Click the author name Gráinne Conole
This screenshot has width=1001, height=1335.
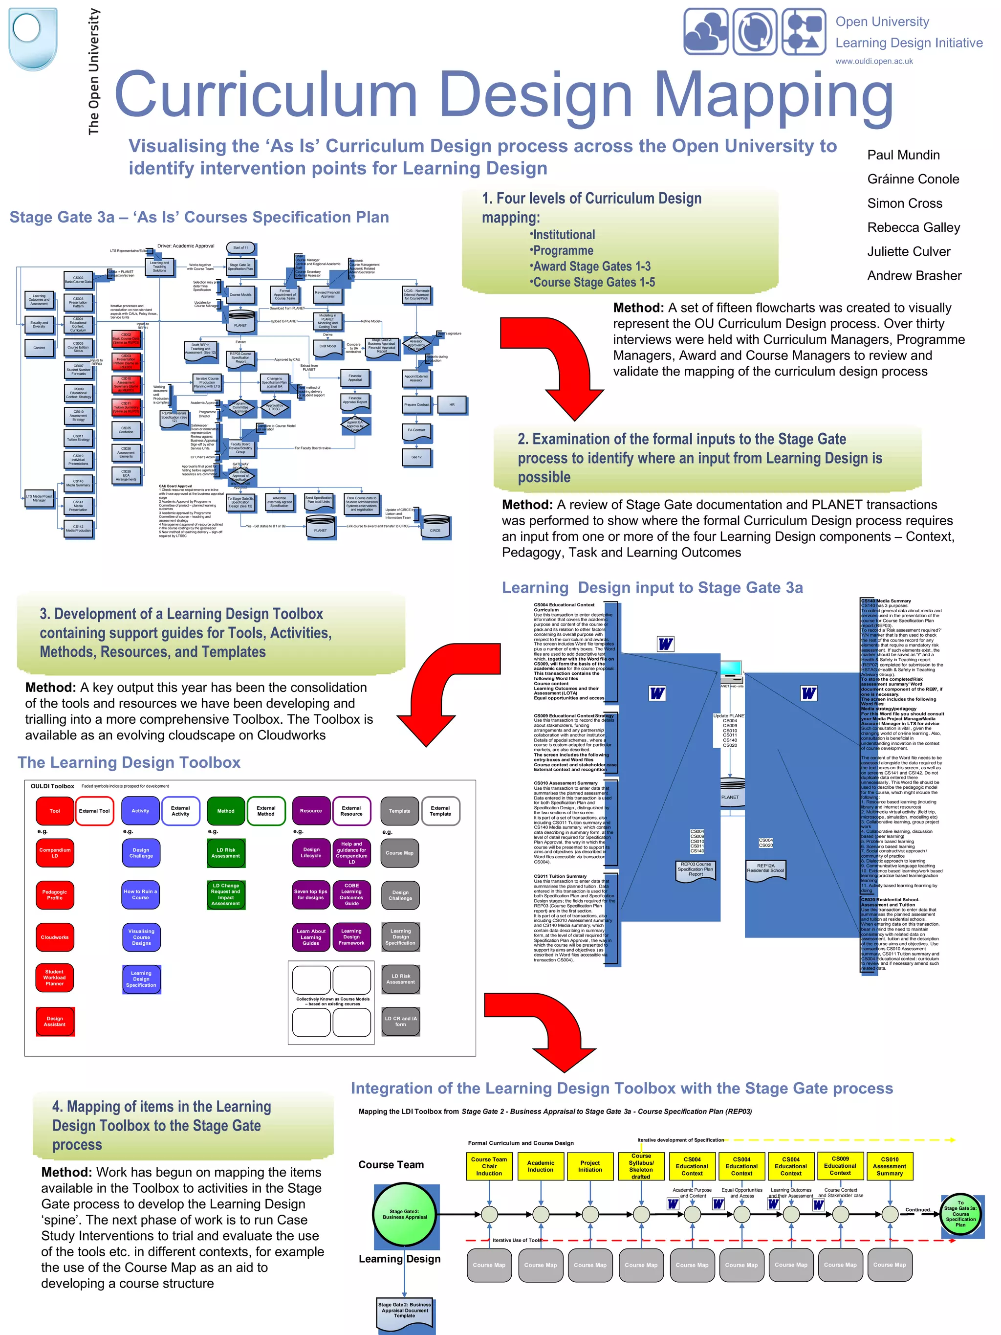913,179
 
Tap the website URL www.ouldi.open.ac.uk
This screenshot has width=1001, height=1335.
874,61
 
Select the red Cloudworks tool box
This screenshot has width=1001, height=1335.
55,936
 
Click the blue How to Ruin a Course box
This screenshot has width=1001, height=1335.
141,894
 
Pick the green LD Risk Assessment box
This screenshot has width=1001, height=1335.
226,853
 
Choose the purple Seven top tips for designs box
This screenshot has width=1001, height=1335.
311,894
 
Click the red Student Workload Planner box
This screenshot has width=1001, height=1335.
55,978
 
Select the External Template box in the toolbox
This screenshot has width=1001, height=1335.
440,811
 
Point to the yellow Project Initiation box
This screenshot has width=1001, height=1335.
589,1166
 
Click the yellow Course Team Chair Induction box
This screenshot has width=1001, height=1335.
489,1166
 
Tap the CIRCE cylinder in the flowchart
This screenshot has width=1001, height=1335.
435,529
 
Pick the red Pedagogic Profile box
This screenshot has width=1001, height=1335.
55,894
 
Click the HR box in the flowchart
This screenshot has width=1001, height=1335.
451,404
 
